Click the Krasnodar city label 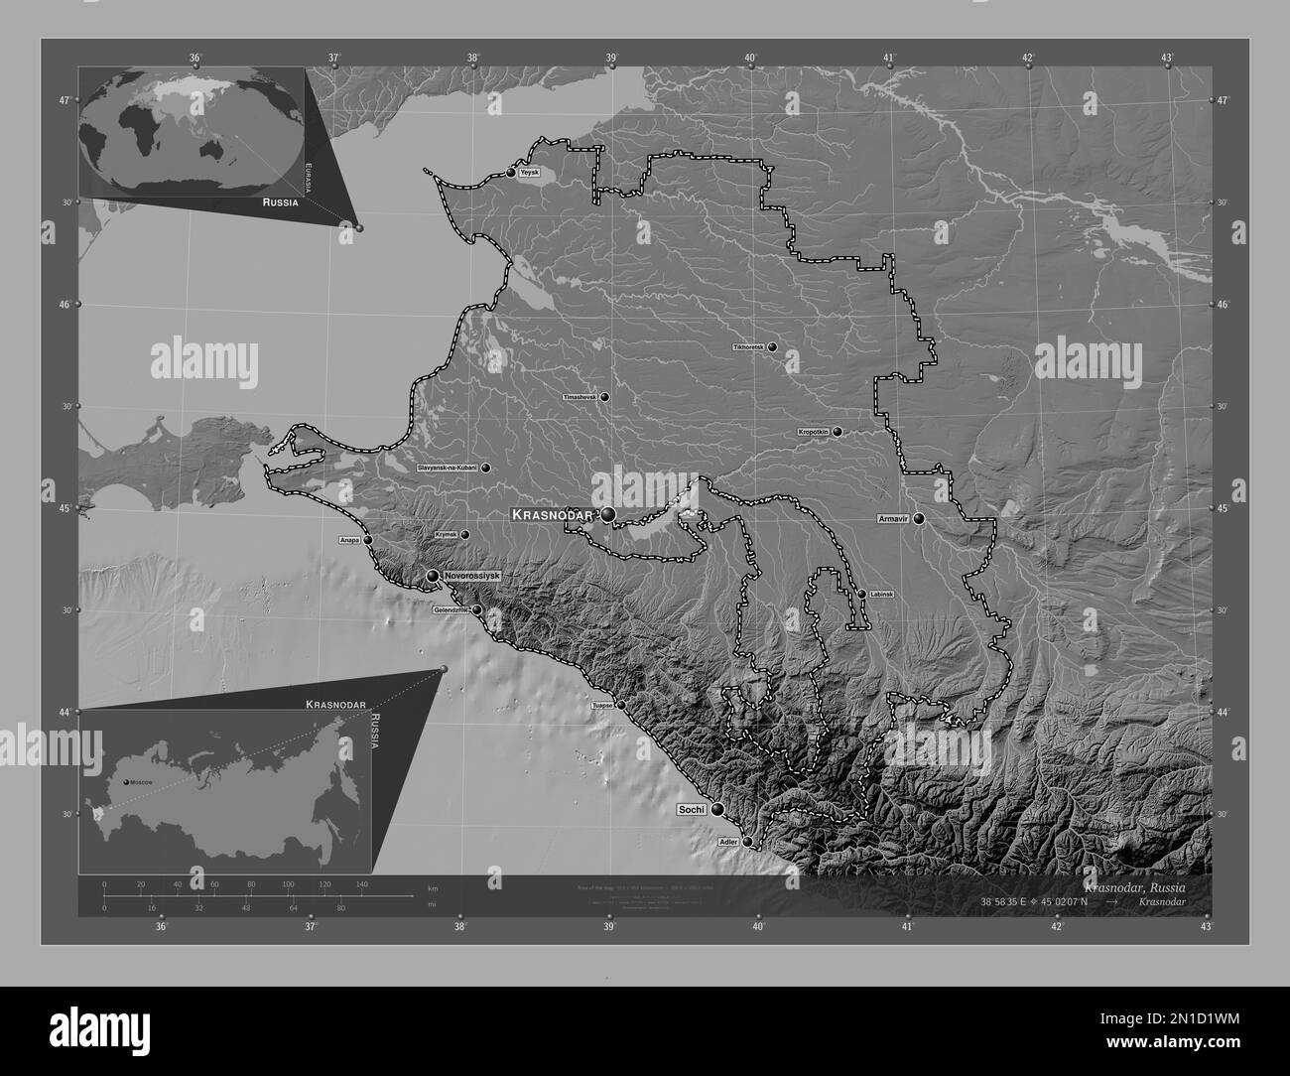(552, 515)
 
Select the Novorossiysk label (472, 576)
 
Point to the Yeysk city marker (511, 173)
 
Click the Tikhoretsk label (747, 348)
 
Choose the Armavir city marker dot (919, 518)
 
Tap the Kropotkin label (814, 433)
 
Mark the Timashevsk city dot (603, 397)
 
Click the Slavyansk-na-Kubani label (448, 468)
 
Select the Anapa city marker (368, 540)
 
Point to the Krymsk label (446, 535)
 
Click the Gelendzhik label (451, 610)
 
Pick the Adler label (727, 842)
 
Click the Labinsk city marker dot (861, 594)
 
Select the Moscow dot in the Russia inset (126, 783)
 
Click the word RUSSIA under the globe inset (280, 202)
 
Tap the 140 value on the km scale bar (361, 883)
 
